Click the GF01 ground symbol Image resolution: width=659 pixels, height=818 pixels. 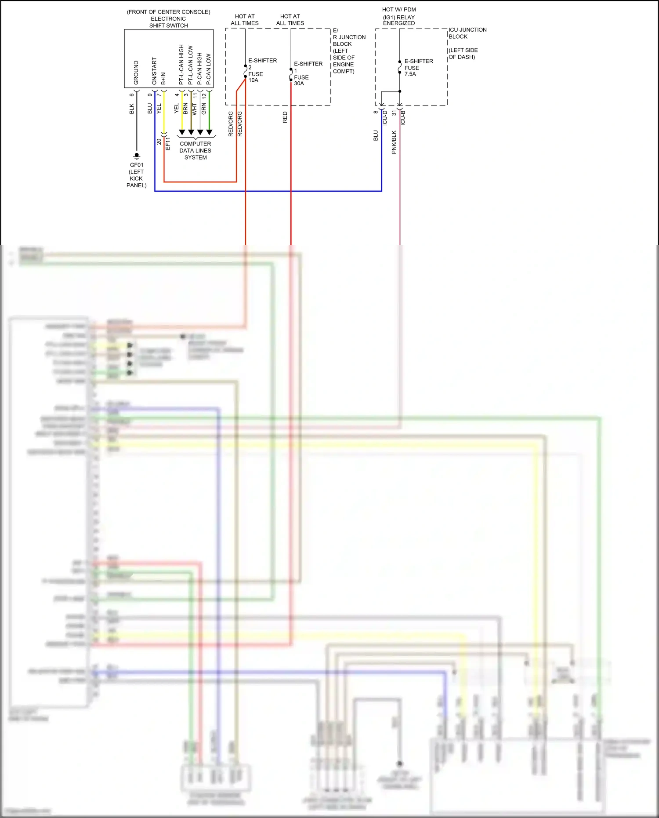[x=137, y=156]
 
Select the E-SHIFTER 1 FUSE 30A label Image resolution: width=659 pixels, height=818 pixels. [x=308, y=73]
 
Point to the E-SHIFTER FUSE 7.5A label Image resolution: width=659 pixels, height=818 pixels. [x=418, y=67]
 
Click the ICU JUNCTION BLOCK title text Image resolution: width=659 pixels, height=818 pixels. [x=467, y=33]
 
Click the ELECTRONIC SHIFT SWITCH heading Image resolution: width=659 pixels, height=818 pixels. [x=168, y=22]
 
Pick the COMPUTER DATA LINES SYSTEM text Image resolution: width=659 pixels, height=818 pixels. [x=196, y=150]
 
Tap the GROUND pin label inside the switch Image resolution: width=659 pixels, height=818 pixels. [x=136, y=73]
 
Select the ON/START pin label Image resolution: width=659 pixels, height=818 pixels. [x=154, y=71]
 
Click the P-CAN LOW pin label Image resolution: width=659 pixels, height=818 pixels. [x=209, y=69]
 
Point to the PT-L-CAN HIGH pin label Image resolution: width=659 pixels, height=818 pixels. [x=181, y=65]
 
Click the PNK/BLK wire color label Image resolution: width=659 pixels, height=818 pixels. [x=394, y=142]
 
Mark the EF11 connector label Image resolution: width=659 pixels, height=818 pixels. [x=168, y=143]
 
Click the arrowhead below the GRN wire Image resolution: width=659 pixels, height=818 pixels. [x=209, y=132]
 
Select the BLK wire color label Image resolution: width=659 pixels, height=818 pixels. [x=132, y=109]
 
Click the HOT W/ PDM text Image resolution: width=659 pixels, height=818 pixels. [x=399, y=9]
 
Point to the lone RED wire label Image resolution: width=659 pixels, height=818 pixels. [x=285, y=117]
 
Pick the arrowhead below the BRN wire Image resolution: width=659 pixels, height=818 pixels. [x=191, y=132]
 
